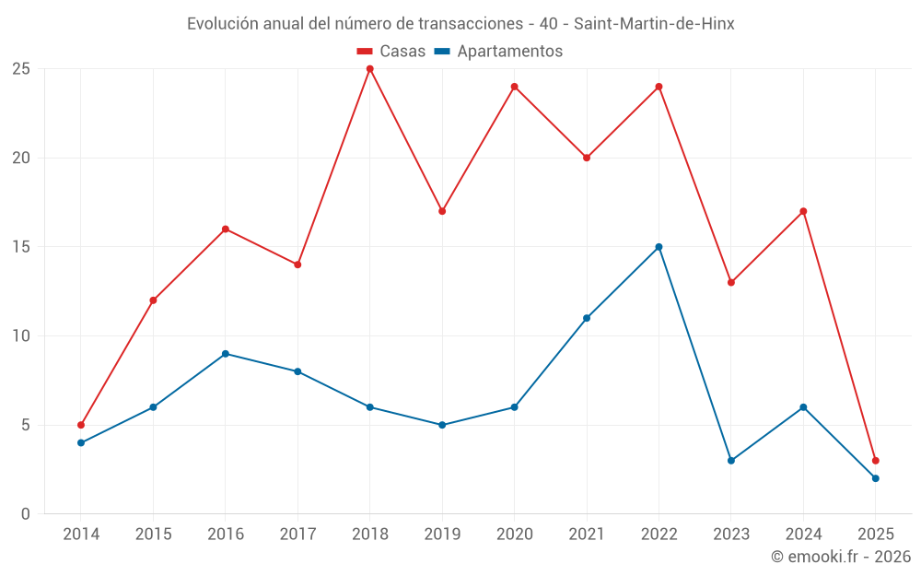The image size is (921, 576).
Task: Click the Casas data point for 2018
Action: tap(369, 69)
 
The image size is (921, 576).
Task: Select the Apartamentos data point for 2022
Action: tap(659, 247)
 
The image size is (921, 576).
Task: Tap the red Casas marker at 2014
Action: tap(81, 425)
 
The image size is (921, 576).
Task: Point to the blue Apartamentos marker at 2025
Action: tap(875, 478)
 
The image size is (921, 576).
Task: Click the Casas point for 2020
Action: tap(514, 87)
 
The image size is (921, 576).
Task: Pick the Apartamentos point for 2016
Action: tap(226, 354)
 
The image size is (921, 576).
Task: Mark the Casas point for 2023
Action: tap(730, 283)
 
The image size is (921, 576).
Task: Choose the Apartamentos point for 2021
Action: tap(587, 318)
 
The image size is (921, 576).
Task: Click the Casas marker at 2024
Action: tap(803, 211)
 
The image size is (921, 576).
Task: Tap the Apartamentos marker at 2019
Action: tap(442, 425)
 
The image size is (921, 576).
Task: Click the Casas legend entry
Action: tap(391, 52)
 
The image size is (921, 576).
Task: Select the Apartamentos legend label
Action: tap(508, 52)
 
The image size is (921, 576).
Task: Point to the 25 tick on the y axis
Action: tap(21, 69)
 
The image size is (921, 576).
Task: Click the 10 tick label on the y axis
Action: tap(21, 336)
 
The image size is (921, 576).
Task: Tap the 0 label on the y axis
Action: tap(26, 514)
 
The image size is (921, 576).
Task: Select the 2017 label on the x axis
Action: tap(297, 535)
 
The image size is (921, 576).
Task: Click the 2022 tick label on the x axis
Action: tap(659, 535)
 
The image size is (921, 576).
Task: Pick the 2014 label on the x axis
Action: tap(81, 535)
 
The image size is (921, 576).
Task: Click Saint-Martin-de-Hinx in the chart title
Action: tap(654, 24)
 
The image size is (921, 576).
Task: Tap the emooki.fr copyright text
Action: tap(840, 557)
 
